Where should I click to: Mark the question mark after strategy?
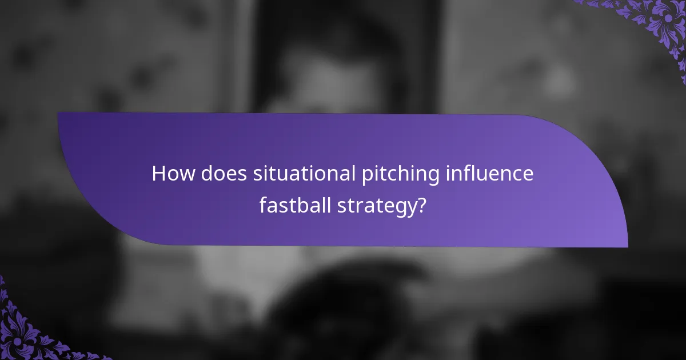coord(421,205)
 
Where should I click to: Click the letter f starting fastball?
coord(263,204)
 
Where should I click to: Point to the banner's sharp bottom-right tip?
coord(627,247)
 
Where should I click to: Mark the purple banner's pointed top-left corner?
coord(58,113)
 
